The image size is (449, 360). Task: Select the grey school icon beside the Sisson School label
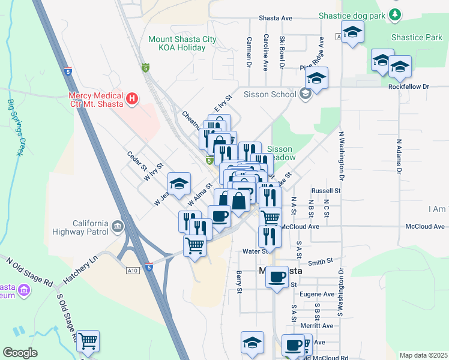click(306, 94)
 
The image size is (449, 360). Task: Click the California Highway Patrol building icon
click(117, 227)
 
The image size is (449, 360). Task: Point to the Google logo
click(20, 353)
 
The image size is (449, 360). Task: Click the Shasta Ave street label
click(275, 19)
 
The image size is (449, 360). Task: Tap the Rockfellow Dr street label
click(426, 86)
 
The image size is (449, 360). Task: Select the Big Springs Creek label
click(14, 127)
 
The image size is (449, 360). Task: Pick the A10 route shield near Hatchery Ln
click(133, 271)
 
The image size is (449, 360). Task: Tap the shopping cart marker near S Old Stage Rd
click(88, 341)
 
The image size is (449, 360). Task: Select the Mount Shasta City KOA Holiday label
click(182, 43)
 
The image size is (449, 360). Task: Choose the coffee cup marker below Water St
click(276, 277)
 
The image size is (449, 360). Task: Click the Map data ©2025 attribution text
click(423, 355)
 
